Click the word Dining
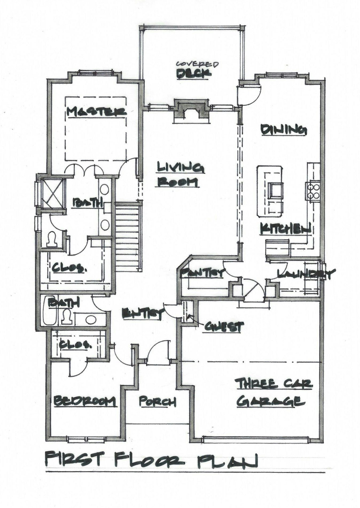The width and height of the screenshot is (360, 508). coord(283,130)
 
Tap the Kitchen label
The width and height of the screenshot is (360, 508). coord(285,229)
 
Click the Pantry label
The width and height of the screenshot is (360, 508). coord(201,273)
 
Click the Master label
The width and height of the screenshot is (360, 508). coord(96,112)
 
